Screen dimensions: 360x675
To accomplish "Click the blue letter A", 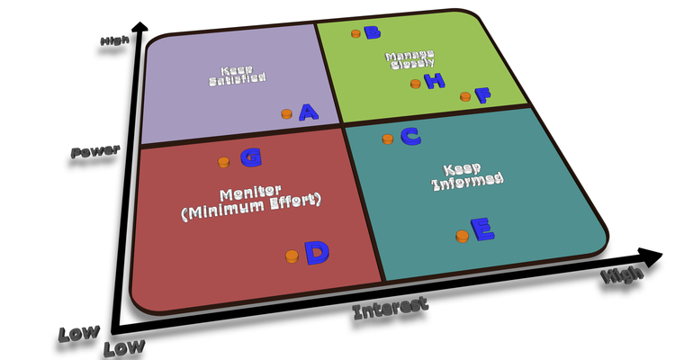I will (308, 112).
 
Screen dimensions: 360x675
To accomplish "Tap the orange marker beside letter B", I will (355, 33).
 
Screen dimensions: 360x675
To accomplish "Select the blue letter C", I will (410, 136).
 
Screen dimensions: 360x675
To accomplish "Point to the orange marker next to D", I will (292, 256).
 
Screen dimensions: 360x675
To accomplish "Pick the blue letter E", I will (482, 230).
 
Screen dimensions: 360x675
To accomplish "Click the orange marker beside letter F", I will (465, 95).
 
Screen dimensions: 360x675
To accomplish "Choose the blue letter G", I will (251, 157).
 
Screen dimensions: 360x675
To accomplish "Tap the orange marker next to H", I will (415, 84).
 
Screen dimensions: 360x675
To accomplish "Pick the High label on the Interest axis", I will (622, 276).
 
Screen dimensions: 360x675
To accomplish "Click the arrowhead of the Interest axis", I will (648, 254).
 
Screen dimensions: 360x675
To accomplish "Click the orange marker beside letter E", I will (462, 236).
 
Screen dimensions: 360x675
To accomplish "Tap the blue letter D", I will (317, 252).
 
